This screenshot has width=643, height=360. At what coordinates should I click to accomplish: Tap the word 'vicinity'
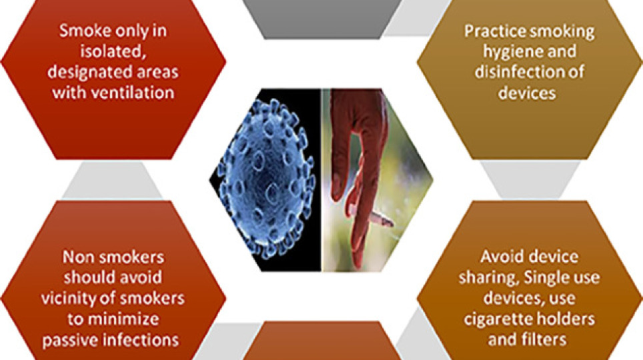pos(69,299)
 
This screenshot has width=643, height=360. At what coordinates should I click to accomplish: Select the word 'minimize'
pos(123,319)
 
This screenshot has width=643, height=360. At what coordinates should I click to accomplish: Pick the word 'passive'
pos(68,340)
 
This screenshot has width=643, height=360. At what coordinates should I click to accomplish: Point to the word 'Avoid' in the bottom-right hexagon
pos(500,257)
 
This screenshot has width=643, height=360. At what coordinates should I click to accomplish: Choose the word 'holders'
pos(564,319)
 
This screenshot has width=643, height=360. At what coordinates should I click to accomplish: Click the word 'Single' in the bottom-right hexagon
pos(546,279)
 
